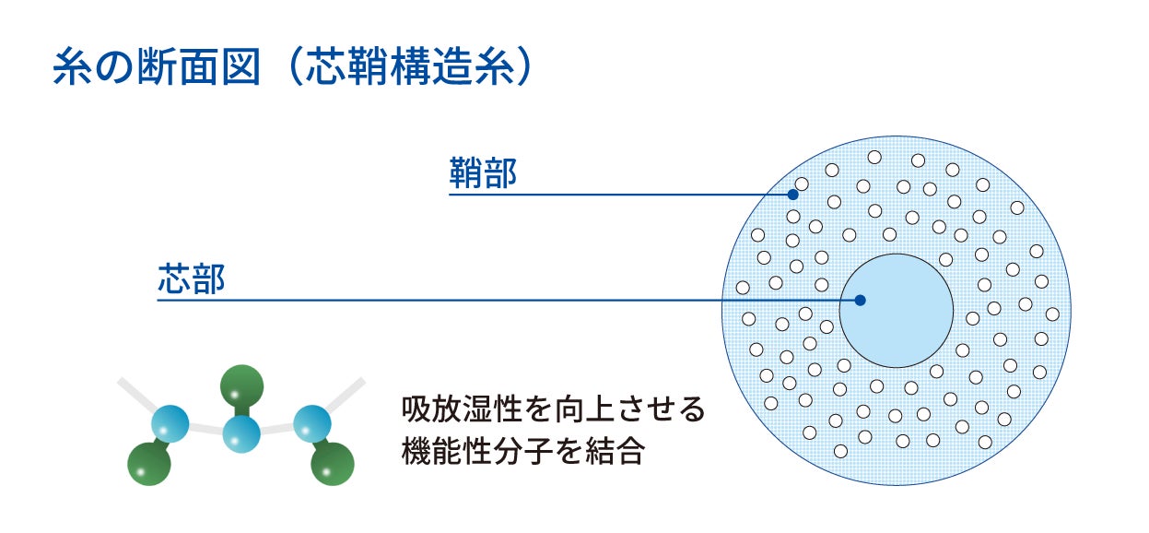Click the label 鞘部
tap(483, 173)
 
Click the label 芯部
tap(192, 279)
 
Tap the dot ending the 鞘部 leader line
tap(791, 195)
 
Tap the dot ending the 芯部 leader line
tap(860, 300)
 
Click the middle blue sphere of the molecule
tap(241, 432)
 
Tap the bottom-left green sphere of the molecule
tap(149, 464)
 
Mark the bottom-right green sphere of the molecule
tap(334, 464)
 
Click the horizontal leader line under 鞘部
tap(608, 195)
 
